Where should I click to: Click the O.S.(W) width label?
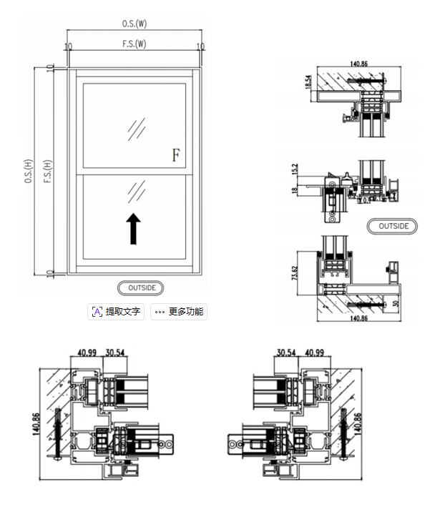(134, 24)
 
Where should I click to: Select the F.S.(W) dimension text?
(134, 44)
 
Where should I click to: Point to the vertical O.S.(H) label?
(28, 172)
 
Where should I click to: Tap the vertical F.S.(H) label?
(47, 172)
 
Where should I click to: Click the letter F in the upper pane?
(176, 154)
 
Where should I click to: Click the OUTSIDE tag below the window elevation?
(141, 287)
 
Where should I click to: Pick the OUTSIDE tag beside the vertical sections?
(393, 226)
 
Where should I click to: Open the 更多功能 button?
(180, 312)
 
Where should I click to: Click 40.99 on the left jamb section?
(87, 352)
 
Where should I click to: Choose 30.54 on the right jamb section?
(286, 352)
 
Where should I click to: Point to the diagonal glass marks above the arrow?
(136, 191)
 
